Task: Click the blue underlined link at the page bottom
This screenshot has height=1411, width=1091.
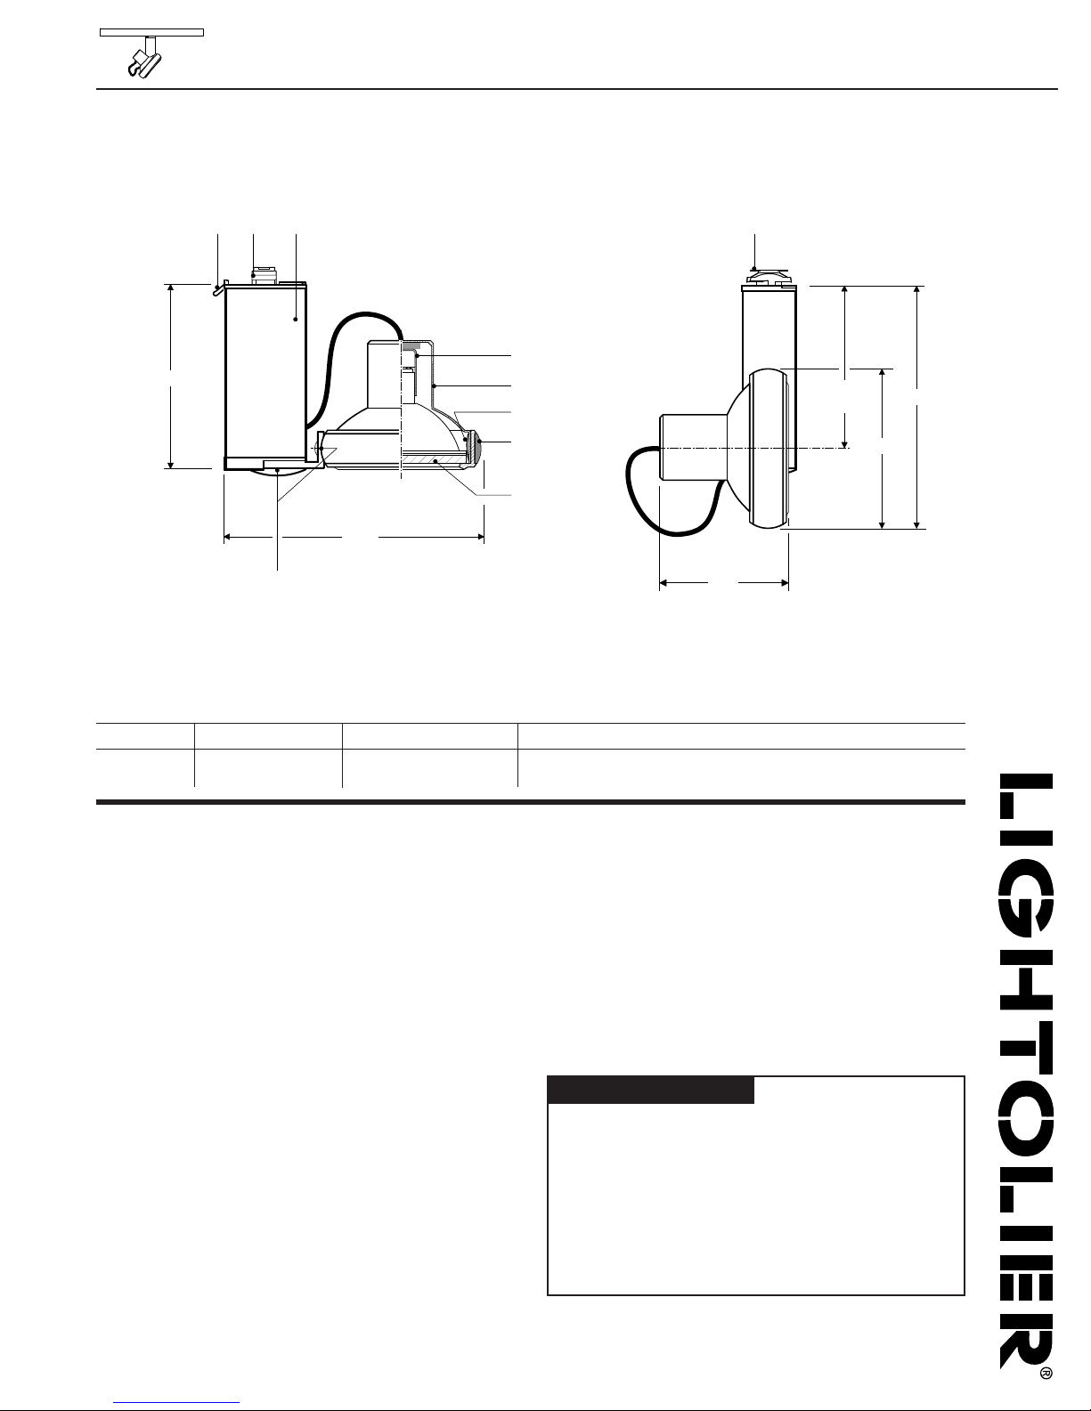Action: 176,1403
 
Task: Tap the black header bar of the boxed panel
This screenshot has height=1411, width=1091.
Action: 651,1090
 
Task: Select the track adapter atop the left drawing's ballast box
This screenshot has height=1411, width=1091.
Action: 264,275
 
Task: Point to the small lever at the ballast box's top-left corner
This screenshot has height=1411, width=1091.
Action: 219,288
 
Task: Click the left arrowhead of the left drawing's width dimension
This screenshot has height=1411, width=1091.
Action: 227,537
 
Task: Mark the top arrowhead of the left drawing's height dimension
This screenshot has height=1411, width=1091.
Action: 171,289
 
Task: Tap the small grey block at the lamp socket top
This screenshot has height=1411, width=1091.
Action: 411,347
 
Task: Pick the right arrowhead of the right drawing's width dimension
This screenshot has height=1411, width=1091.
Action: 785,583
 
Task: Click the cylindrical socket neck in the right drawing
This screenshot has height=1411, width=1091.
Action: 693,448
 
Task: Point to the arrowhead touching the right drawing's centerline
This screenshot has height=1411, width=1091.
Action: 845,442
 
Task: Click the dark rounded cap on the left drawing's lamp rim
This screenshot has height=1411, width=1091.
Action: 479,447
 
